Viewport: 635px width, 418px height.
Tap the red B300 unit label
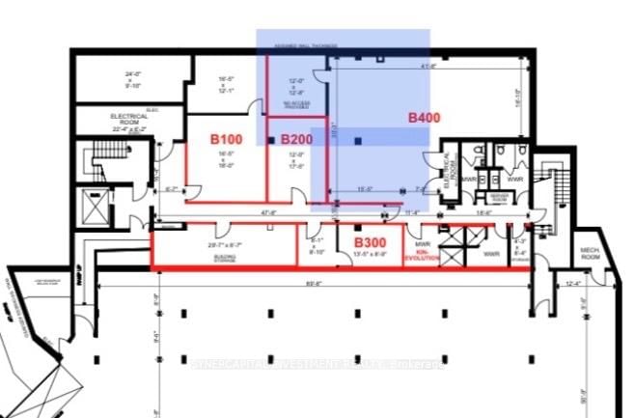coord(370,241)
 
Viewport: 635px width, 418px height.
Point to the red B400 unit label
coord(424,118)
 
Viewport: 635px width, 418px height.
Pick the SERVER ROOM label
coord(500,196)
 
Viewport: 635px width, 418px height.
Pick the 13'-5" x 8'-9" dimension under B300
coord(370,254)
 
